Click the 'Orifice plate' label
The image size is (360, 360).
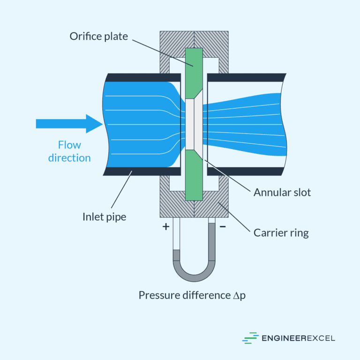[98, 36]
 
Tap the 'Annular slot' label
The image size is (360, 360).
[282, 192]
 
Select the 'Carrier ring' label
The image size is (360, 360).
[281, 232]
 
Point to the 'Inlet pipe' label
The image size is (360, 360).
[104, 217]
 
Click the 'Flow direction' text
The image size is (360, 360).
[69, 151]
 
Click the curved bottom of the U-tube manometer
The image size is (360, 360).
[194, 277]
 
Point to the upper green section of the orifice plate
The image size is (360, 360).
[194, 70]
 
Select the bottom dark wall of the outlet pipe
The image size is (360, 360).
[246, 171]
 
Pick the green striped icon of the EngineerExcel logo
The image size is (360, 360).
[250, 338]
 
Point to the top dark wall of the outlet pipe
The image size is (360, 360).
[246, 77]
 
